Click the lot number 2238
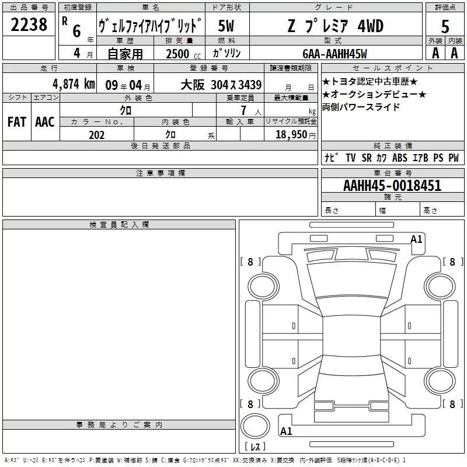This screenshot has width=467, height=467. coord(29,25)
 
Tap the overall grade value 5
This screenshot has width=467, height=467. coord(445,26)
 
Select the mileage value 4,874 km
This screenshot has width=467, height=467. coord(74,84)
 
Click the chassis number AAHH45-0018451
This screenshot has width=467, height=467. coord(392,186)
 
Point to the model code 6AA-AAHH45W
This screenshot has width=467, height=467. coord(334,54)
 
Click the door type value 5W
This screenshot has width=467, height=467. coord(226,26)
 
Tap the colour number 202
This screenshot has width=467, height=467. coord(96,135)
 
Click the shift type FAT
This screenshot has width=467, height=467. coord(17,122)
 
